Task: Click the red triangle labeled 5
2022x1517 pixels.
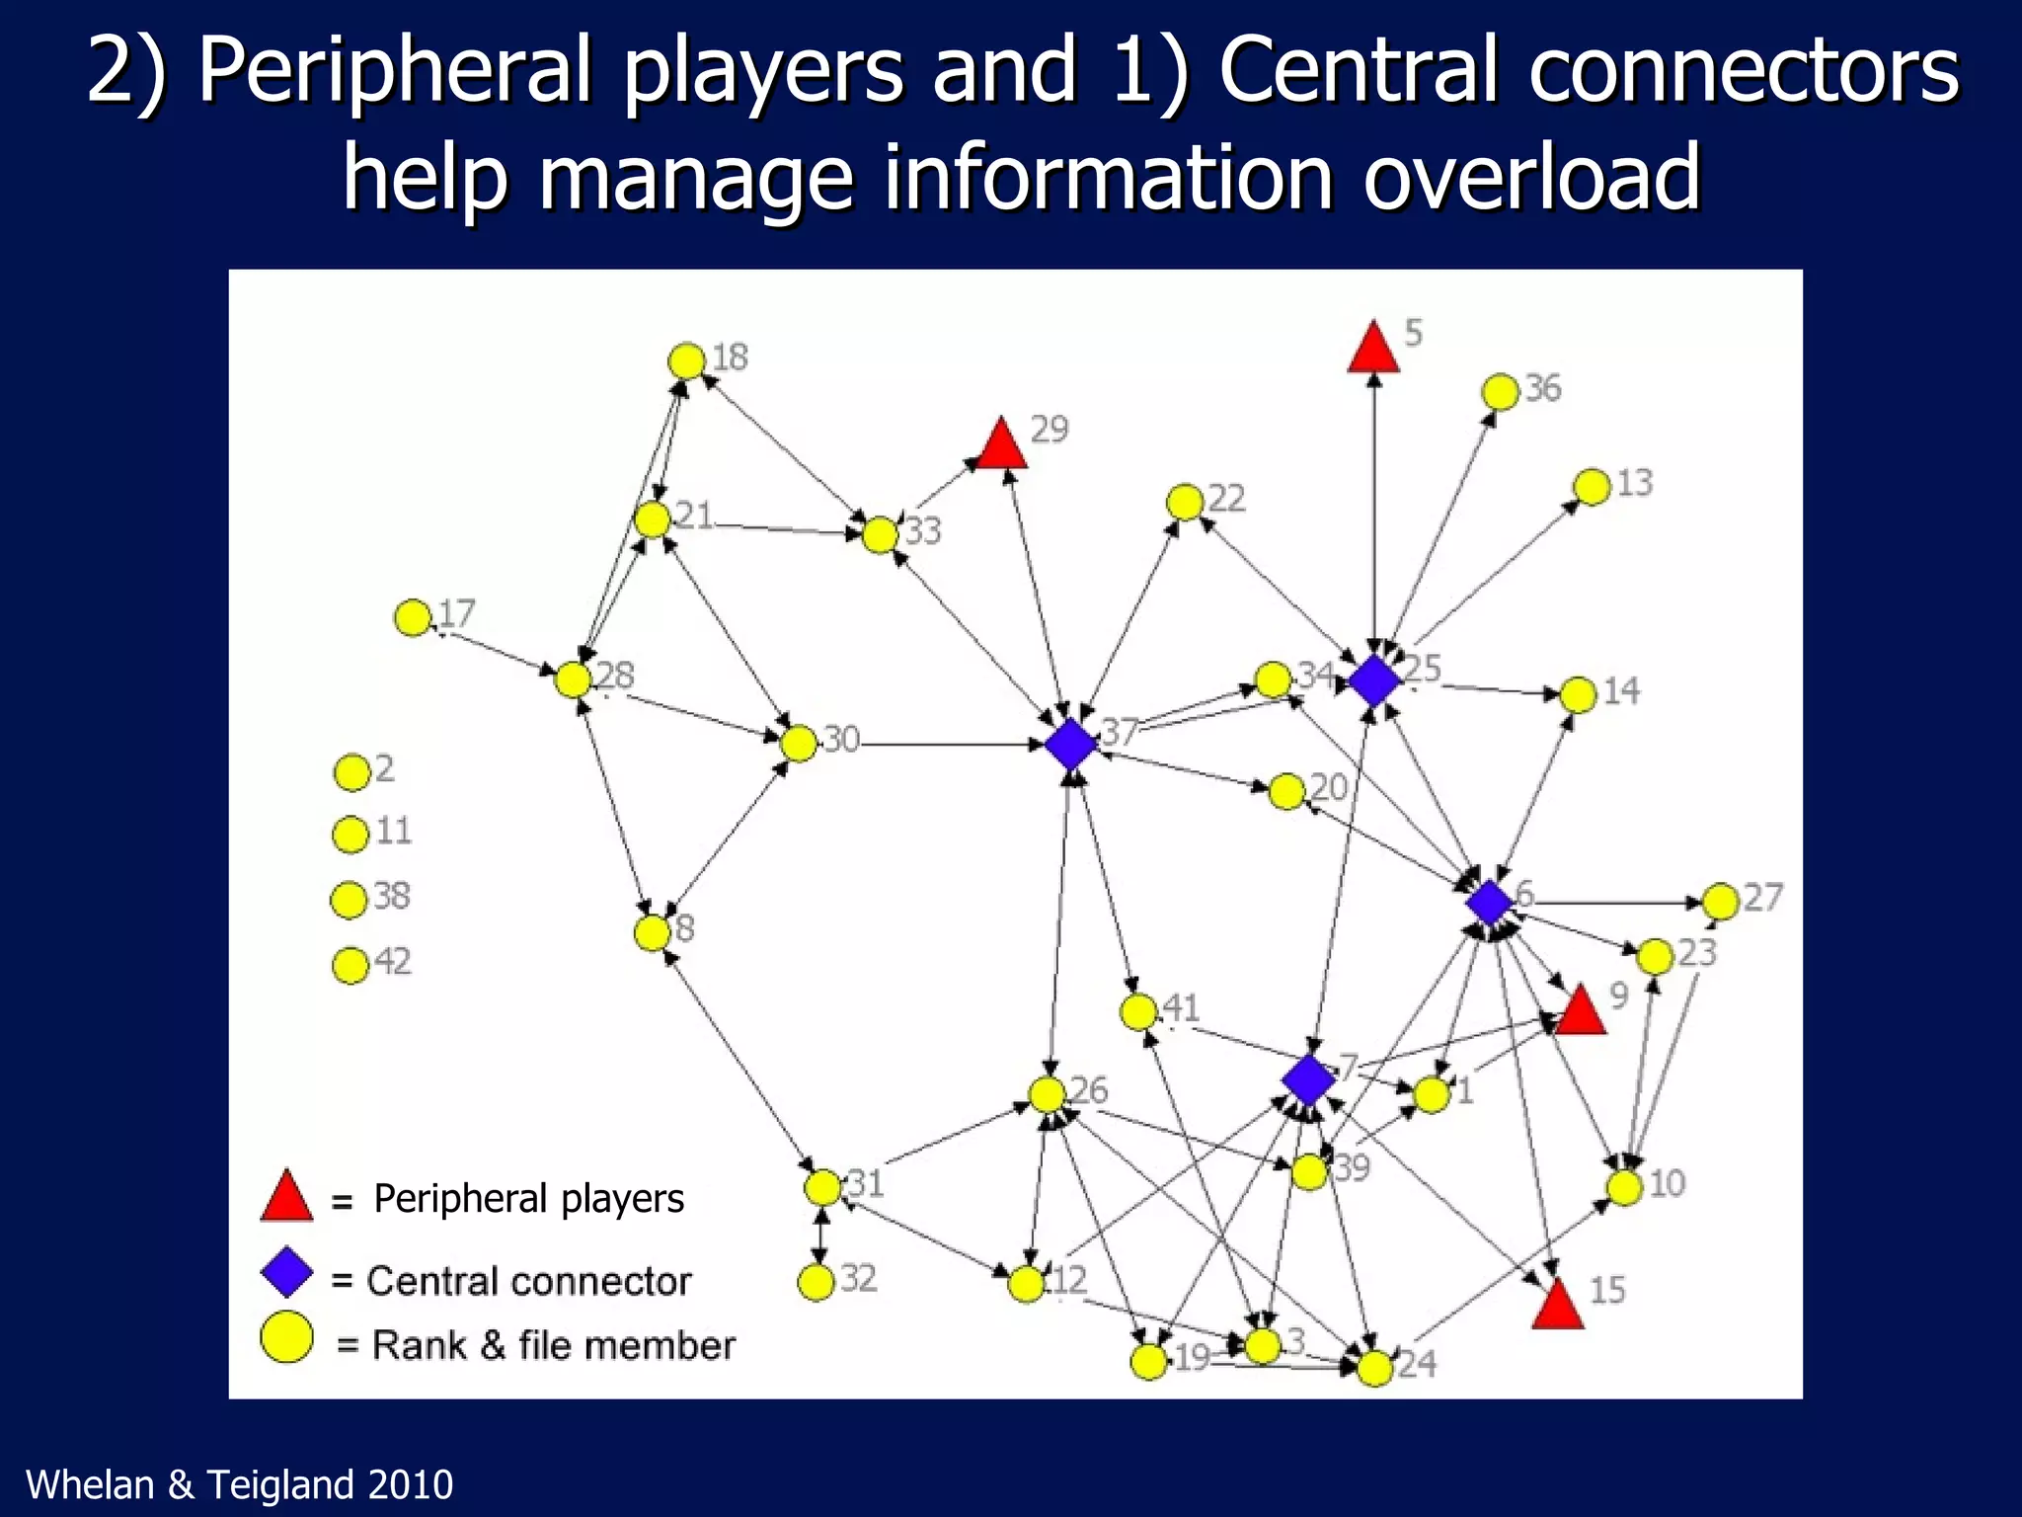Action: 1373,350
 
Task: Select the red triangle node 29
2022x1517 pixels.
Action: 1002,445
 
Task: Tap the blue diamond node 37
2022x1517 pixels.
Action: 1071,744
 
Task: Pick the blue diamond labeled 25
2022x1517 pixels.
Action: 1373,679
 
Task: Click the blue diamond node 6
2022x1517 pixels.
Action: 1489,902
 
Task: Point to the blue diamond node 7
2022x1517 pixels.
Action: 1309,1078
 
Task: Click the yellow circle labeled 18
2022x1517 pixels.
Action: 686,361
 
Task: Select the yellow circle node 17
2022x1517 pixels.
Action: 413,618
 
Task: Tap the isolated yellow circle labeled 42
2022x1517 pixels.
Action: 350,965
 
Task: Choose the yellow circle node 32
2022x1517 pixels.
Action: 816,1282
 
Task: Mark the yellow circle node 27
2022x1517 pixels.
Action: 1720,901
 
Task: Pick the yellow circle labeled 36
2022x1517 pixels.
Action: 1500,392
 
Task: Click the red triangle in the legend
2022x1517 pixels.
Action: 286,1198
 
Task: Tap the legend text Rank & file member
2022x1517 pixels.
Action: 553,1345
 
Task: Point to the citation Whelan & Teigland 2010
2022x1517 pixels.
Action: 239,1484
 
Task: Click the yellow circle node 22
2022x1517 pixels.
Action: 1184,503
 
